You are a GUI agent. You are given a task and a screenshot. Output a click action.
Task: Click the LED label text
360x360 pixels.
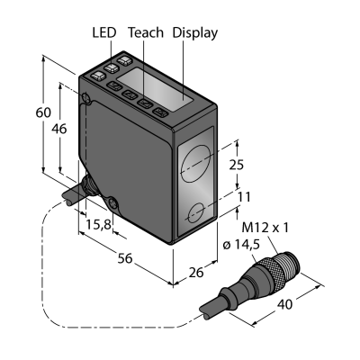point(103,32)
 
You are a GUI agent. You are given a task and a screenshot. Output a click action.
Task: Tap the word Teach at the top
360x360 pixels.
point(146,32)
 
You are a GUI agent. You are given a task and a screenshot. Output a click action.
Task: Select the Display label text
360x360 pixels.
point(195,33)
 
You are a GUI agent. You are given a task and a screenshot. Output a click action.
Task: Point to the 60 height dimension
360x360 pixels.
point(43,112)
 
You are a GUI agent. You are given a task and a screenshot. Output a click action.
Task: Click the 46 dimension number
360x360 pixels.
point(59,129)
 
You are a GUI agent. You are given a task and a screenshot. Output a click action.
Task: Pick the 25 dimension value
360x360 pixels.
point(237,165)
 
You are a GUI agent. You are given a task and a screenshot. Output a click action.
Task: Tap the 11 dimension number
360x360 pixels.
point(244,197)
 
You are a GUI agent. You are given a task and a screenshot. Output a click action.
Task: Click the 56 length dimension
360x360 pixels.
point(125,258)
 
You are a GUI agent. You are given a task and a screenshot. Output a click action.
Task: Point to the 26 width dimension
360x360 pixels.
point(196,272)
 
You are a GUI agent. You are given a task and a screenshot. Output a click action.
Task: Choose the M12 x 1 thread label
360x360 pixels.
point(265,228)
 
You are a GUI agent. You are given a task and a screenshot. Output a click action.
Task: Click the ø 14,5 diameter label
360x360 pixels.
point(241,246)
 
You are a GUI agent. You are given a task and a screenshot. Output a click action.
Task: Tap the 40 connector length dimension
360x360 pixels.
point(284,305)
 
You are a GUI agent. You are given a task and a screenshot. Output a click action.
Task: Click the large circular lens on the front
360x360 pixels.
point(196,164)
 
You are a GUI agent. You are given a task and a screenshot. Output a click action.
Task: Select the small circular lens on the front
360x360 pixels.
point(196,212)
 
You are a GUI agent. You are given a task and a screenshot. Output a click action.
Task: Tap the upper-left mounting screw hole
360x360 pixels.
point(86,97)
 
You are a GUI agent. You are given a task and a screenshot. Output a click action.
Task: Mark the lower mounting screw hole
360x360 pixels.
point(113,203)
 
